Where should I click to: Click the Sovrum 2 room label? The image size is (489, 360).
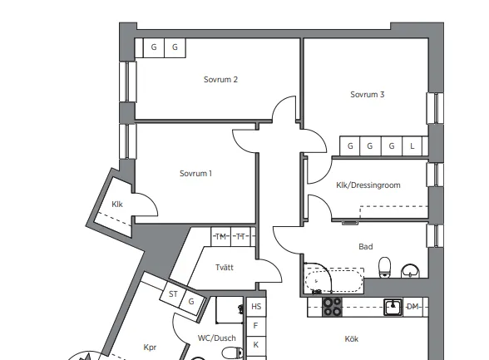click(220, 80)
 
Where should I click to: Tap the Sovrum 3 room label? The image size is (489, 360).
click(367, 95)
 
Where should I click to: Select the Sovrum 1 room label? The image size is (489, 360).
click(195, 173)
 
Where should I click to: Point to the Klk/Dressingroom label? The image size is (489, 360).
click(368, 185)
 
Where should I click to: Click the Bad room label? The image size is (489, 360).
click(366, 247)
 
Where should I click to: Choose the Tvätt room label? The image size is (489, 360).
click(225, 268)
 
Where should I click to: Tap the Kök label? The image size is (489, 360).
click(352, 339)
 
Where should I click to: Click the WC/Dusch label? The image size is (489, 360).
click(217, 338)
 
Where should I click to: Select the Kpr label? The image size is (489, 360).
click(150, 348)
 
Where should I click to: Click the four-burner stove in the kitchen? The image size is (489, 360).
click(332, 307)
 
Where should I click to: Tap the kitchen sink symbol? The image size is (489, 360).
click(393, 308)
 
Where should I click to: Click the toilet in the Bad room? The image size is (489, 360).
click(384, 267)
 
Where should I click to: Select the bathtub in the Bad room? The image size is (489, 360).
click(334, 280)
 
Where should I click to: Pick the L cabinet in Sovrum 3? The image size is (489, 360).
click(412, 145)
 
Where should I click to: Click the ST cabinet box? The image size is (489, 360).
click(173, 294)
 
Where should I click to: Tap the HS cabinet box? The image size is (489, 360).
click(256, 307)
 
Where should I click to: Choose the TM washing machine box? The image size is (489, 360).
click(221, 237)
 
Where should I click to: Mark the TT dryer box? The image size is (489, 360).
click(240, 237)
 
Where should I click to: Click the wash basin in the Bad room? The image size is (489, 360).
click(410, 270)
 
